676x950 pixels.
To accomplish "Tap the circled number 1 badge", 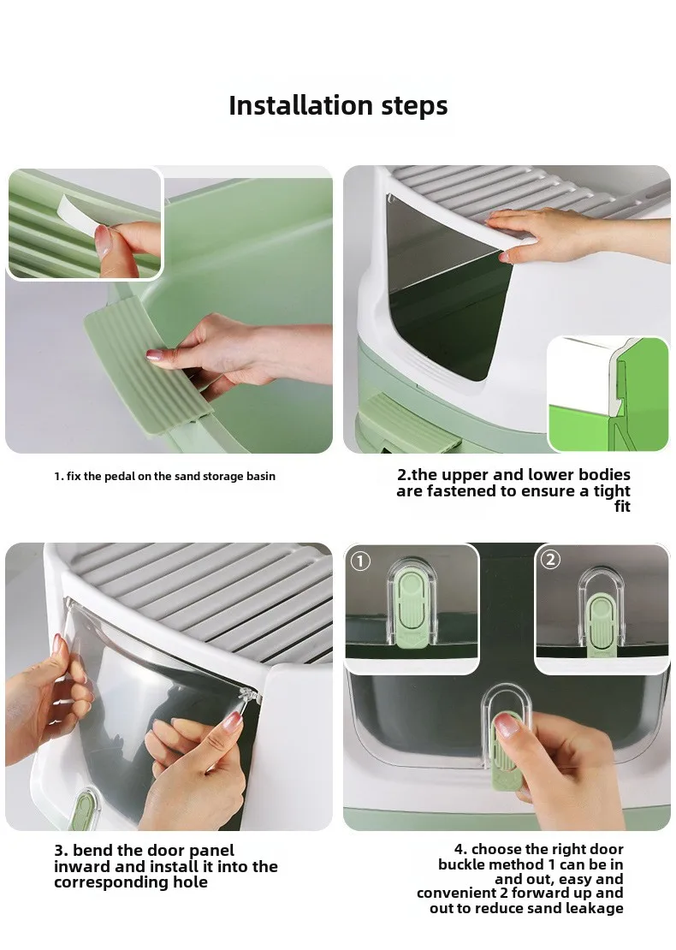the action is pos(361,561).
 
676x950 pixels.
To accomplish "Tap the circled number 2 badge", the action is pos(550,559).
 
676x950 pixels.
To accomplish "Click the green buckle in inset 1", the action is pos(411,613).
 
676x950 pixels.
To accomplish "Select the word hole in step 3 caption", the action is pos(188,882).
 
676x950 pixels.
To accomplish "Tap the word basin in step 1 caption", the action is pos(261,476).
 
